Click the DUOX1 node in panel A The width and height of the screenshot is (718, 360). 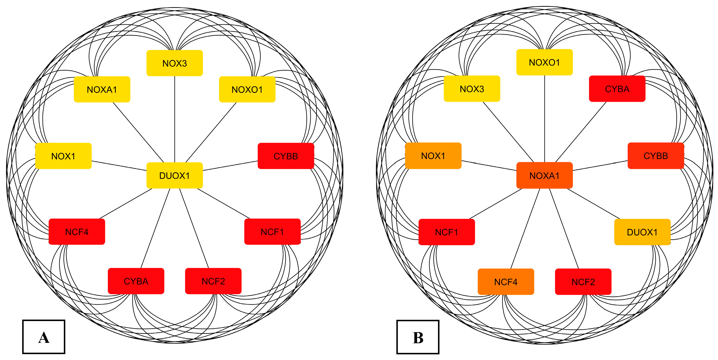tap(175, 175)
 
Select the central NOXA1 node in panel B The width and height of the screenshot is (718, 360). tap(544, 175)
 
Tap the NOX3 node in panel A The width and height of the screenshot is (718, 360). tap(175, 63)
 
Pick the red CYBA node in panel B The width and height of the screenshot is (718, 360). tap(617, 89)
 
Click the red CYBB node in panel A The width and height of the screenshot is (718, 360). tap(286, 156)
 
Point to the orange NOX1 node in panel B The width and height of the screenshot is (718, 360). tap(433, 156)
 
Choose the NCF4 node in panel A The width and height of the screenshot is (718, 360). tap(77, 232)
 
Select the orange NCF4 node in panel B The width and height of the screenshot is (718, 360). tap(506, 282)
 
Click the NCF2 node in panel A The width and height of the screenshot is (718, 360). tap(213, 281)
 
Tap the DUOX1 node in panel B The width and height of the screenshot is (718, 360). tap(642, 232)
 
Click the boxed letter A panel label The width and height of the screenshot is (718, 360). tap(44, 337)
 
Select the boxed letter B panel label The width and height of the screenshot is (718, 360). tap(417, 337)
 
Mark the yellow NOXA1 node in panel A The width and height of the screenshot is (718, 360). tap(102, 89)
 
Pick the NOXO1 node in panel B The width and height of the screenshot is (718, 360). tap(544, 62)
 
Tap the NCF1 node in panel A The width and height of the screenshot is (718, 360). tap(272, 232)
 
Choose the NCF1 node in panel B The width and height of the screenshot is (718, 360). tap(447, 232)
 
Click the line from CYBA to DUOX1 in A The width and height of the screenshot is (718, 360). tap(155, 229)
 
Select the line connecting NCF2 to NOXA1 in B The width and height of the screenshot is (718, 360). tap(564, 229)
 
